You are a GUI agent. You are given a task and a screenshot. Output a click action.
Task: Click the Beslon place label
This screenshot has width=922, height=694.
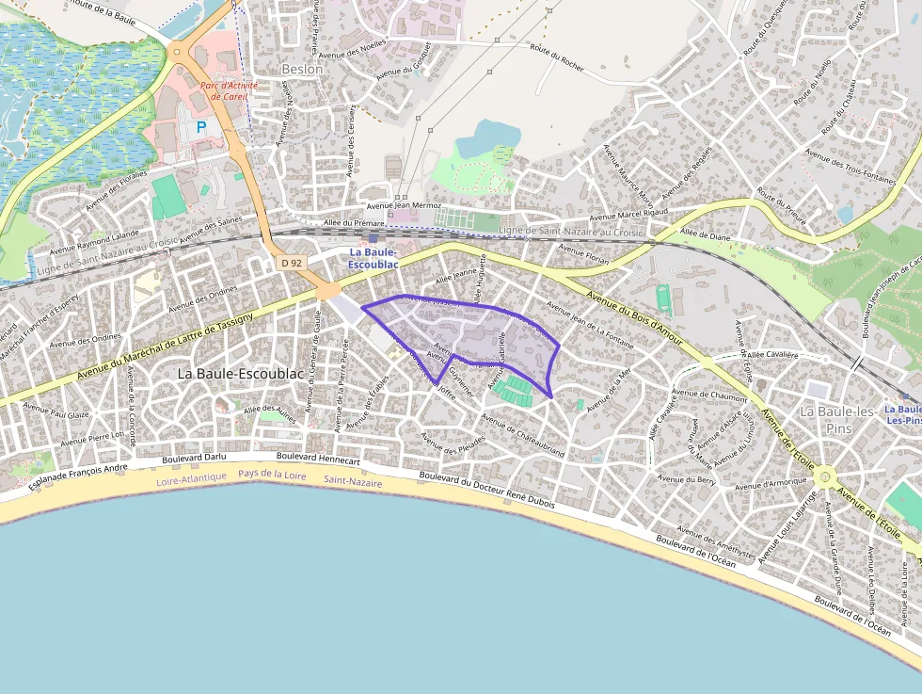[302, 69]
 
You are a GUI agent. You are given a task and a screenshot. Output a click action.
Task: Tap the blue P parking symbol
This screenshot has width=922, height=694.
[200, 125]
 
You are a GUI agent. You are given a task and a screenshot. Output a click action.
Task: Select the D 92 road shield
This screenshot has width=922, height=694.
[292, 264]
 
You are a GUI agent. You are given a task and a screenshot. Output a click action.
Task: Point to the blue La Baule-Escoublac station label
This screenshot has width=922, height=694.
[374, 259]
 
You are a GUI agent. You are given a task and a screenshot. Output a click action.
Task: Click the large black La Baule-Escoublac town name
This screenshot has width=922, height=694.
[241, 374]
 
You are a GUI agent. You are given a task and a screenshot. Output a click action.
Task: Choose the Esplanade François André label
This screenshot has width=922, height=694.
[77, 476]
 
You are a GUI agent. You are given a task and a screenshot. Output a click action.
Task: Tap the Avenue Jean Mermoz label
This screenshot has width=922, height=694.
[404, 205]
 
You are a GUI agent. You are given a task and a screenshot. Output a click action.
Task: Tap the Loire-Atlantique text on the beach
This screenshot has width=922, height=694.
[192, 477]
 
